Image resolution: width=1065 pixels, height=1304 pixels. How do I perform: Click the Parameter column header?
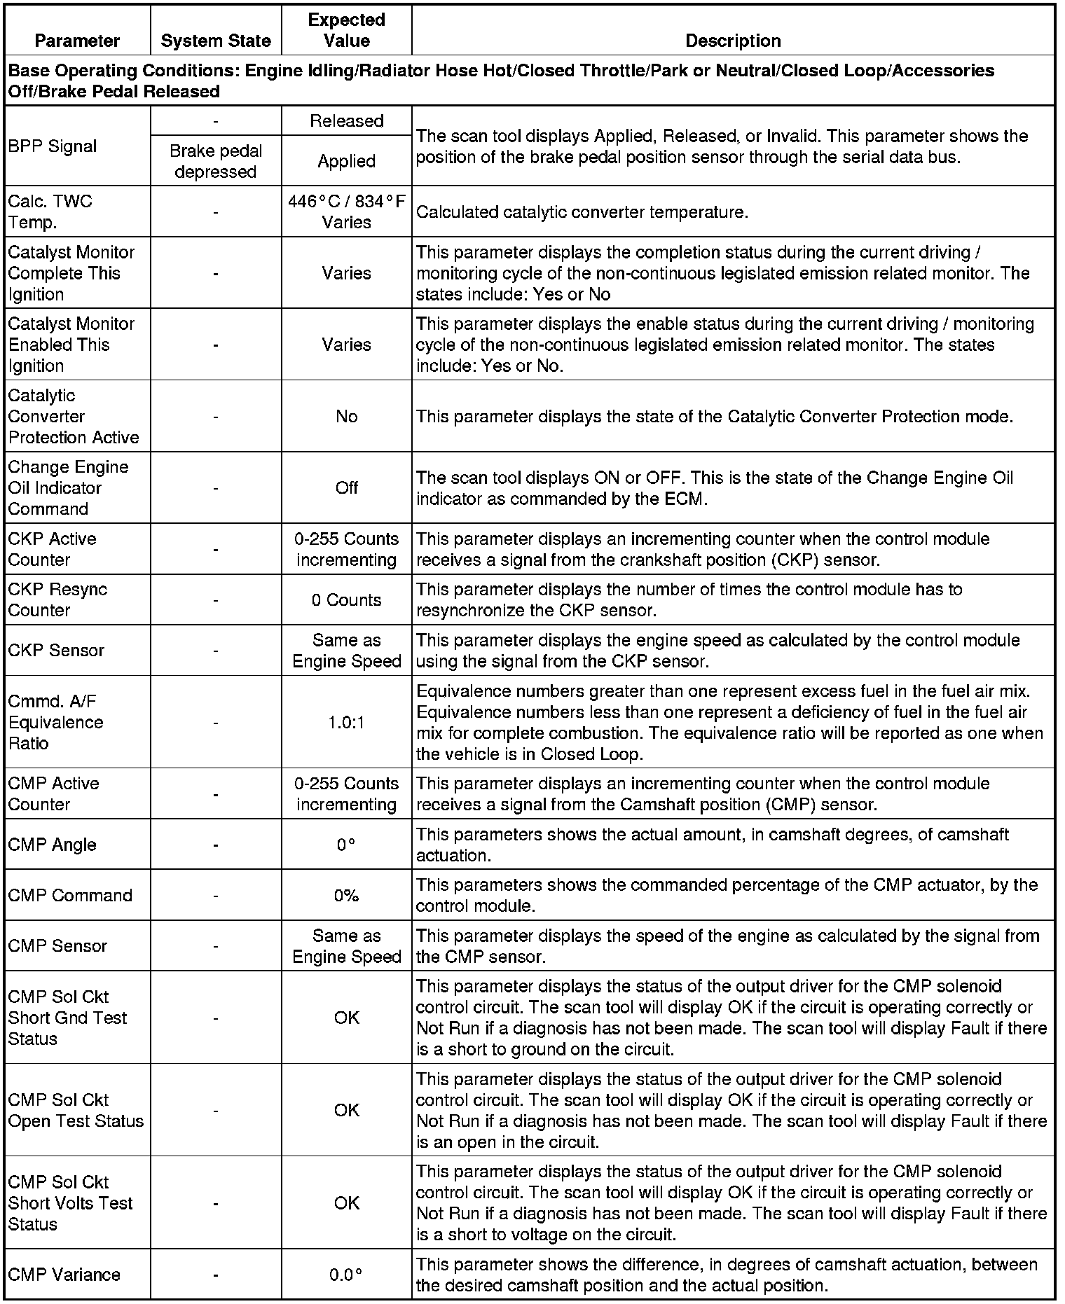[x=77, y=41]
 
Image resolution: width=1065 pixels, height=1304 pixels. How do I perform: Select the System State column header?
[x=216, y=41]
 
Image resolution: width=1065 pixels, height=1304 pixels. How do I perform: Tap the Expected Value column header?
[x=347, y=30]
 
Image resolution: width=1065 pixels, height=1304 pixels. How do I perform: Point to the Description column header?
[x=733, y=41]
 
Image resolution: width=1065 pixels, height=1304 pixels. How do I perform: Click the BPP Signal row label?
[x=53, y=146]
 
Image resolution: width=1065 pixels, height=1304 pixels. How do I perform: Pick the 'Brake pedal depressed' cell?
[x=216, y=161]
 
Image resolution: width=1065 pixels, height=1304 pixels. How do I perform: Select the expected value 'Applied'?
[x=347, y=161]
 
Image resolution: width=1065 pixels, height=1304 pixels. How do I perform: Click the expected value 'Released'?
[x=347, y=120]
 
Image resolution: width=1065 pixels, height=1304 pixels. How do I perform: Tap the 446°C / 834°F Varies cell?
[x=347, y=211]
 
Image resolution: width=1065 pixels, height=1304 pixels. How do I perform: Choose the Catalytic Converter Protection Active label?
[x=74, y=416]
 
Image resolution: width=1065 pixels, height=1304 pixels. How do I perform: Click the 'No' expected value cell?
[x=347, y=416]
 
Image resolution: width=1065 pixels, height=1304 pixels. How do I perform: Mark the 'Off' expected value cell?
[x=347, y=487]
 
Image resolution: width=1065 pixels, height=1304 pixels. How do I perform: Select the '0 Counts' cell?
[x=347, y=599]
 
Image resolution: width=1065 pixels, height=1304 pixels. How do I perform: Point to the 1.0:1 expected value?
[x=347, y=722]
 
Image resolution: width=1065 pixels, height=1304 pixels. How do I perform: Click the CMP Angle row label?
[x=52, y=845]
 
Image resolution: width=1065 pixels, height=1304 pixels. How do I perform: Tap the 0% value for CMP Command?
[x=347, y=895]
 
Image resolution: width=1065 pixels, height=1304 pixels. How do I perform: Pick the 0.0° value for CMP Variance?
[x=347, y=1275]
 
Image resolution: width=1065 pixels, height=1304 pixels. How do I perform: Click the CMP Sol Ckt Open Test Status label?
[x=76, y=1110]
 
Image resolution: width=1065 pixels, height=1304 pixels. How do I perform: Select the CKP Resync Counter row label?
[x=57, y=599]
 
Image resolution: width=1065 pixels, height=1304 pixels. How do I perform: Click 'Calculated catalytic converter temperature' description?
[x=582, y=211]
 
